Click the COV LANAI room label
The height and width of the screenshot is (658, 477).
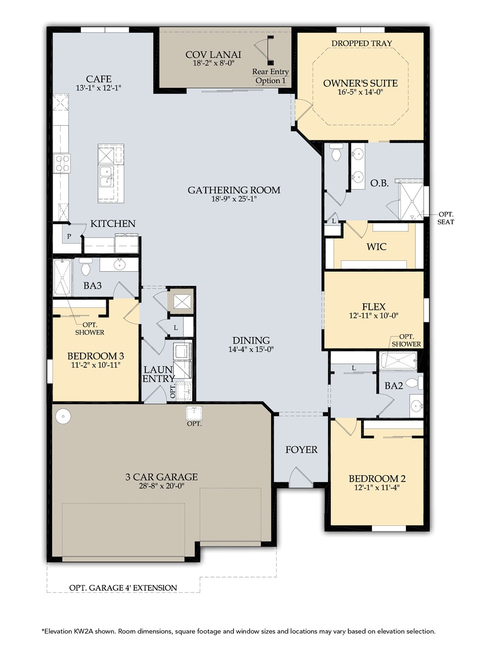click(213, 55)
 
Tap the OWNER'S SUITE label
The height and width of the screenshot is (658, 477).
click(360, 83)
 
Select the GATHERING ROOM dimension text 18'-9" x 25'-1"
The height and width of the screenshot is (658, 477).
click(234, 199)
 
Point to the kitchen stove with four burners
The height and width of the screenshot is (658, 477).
click(63, 163)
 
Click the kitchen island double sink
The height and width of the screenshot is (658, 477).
click(106, 175)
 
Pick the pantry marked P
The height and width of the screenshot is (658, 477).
click(69, 236)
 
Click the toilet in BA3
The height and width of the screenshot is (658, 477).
click(85, 267)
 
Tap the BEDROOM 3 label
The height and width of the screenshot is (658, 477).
click(95, 356)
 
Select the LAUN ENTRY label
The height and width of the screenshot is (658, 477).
click(158, 374)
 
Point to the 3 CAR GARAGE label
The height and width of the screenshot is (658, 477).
click(161, 477)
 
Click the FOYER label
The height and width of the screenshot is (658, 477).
click(301, 449)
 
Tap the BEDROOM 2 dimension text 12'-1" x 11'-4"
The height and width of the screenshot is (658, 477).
click(377, 488)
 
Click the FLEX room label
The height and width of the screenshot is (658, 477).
click(374, 306)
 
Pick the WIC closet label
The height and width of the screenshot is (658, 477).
click(376, 246)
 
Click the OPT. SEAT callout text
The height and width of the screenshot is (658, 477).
click(445, 218)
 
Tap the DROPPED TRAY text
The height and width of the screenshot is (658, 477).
click(362, 43)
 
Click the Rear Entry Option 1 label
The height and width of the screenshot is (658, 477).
click(270, 76)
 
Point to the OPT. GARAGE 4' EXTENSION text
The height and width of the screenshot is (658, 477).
click(123, 587)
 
